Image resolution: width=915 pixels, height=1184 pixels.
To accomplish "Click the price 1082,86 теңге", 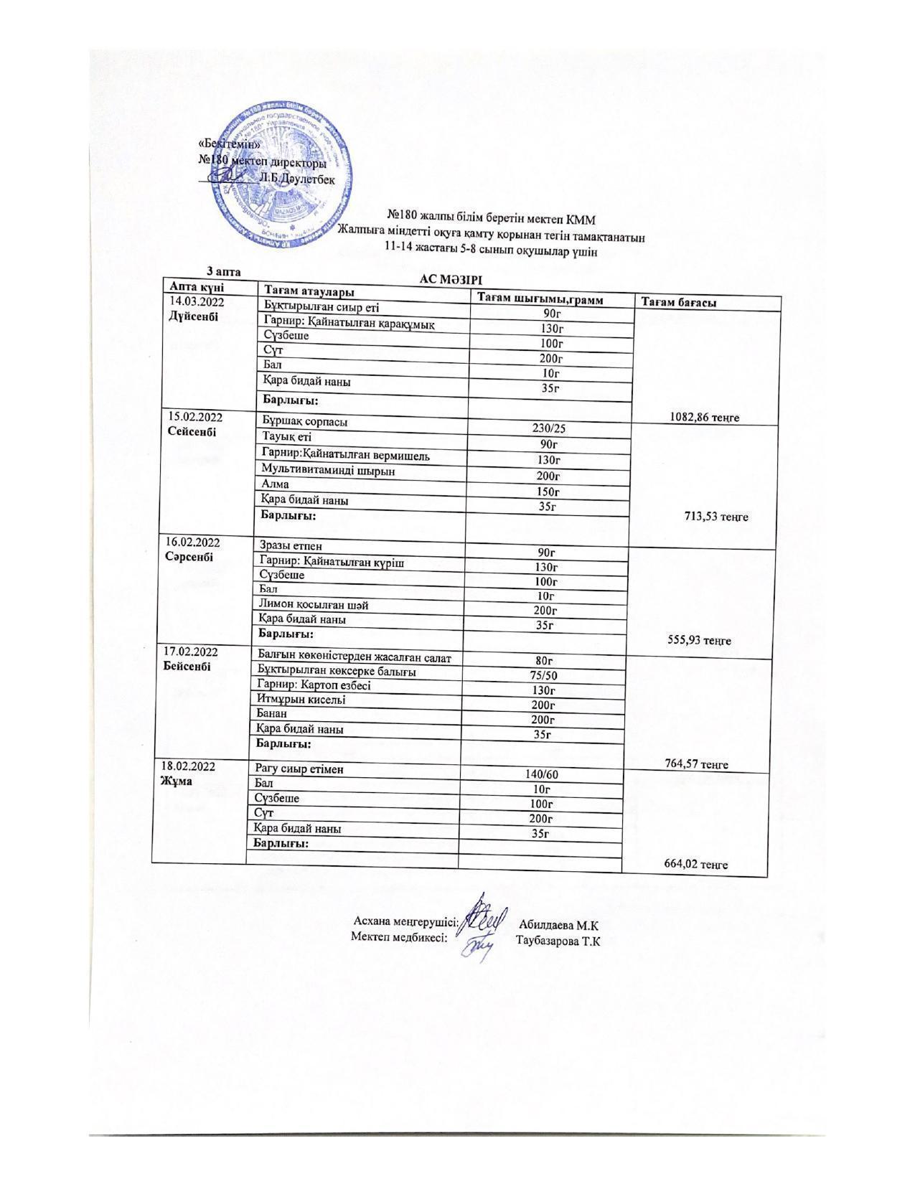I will click(704, 417).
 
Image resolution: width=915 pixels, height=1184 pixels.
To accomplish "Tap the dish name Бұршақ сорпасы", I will click(306, 422).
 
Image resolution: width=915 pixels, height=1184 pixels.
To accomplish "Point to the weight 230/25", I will click(549, 428).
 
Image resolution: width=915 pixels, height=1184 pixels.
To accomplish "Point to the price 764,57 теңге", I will click(694, 764).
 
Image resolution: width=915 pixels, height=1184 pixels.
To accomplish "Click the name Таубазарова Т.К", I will click(558, 941).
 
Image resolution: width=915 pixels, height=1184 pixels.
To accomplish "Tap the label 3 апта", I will click(223, 271).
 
